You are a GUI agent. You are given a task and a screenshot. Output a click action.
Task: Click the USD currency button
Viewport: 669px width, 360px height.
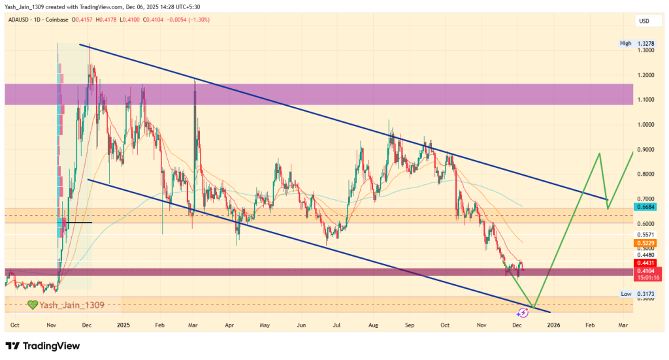point(644,22)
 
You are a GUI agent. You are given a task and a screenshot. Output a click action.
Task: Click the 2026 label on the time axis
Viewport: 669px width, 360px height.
point(553,324)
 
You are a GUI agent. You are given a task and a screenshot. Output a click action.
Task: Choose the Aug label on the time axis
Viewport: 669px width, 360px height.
point(373,324)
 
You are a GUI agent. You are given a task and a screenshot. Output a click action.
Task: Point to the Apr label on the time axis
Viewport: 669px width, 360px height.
point(229,324)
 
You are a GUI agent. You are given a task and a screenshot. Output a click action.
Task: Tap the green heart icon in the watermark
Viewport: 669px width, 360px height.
point(32,304)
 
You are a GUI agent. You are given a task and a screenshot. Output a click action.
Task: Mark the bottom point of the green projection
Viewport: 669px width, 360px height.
point(534,307)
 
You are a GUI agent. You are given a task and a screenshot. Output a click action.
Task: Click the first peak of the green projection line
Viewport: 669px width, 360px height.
point(598,154)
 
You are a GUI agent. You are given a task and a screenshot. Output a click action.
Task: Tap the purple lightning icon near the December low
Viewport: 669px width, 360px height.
point(523,313)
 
